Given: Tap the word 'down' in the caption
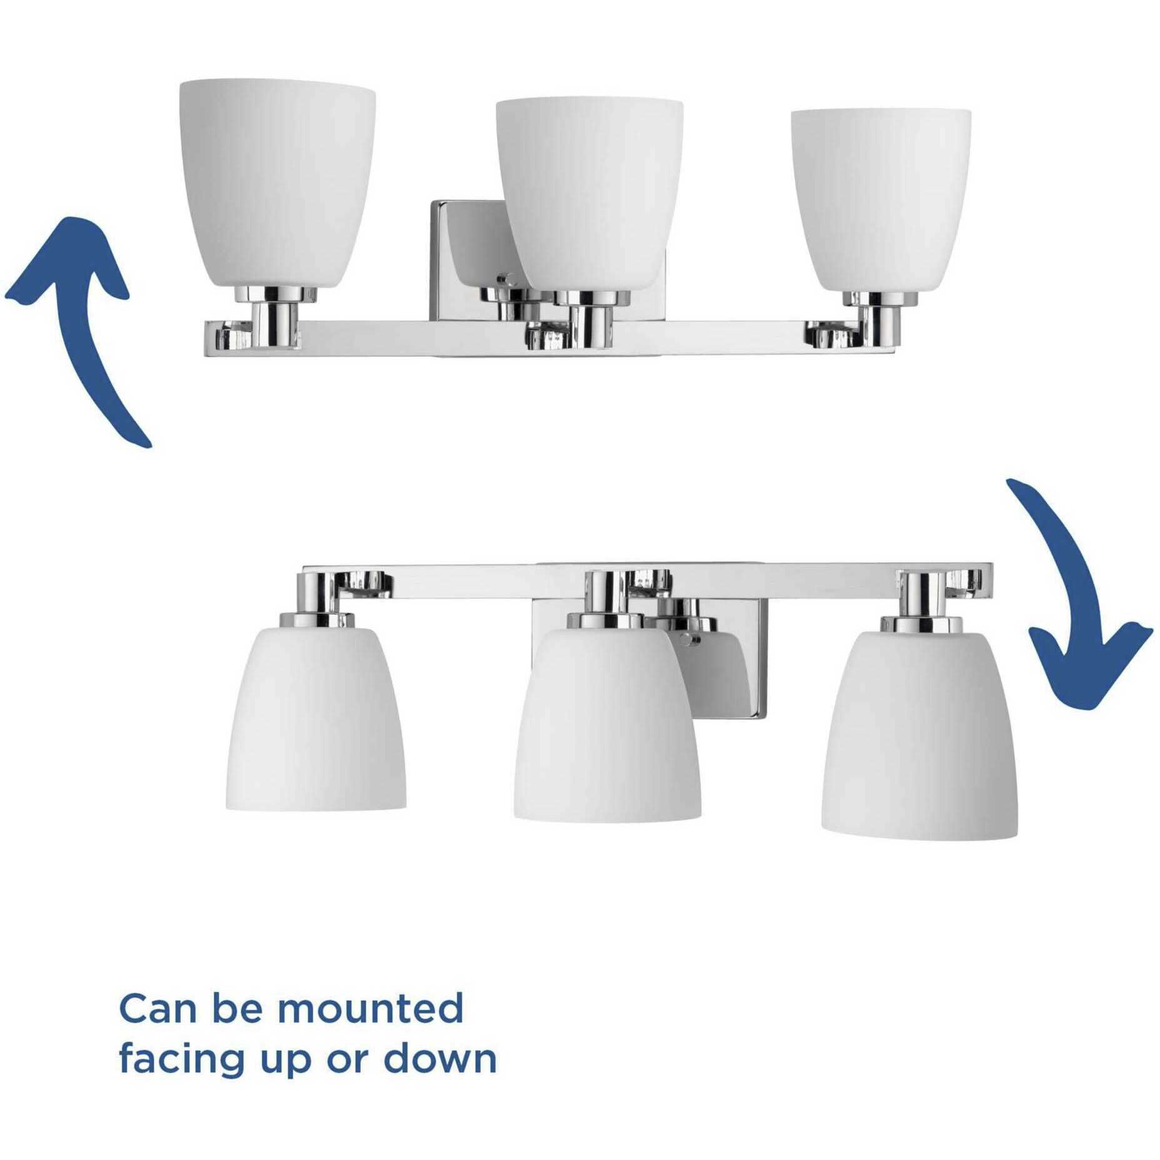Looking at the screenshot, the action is (x=440, y=1057).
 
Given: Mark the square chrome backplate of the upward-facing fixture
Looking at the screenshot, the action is (x=469, y=262).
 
